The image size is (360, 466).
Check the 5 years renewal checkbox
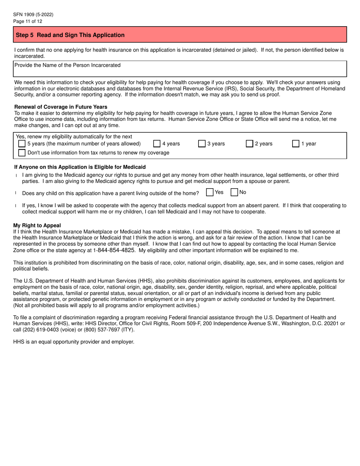tap(22, 144)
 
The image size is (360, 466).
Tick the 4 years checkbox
tap(157, 144)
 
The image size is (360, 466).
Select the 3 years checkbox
tap(202, 144)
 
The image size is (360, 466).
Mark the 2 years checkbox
tap(249, 144)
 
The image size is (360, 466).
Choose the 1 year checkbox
tap(296, 144)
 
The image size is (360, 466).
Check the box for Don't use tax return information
tap(22, 153)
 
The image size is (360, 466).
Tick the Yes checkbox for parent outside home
tap(210, 192)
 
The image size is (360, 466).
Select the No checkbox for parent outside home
tap(234, 192)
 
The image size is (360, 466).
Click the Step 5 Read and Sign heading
tap(70, 35)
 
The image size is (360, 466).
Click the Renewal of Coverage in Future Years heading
tap(61, 107)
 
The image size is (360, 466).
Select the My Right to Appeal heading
tap(37, 225)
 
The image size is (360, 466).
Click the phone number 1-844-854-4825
tap(114, 250)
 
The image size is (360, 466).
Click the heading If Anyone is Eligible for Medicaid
tap(80, 167)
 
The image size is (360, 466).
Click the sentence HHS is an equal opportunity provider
tap(74, 342)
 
